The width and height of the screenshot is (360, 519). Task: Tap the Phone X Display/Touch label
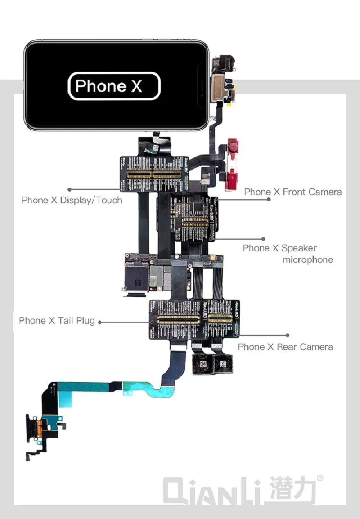72,200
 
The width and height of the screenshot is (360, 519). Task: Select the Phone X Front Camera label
292,192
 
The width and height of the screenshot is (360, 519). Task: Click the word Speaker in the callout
299,248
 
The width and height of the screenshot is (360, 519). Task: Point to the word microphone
307,260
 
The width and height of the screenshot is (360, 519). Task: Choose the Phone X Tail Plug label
57,321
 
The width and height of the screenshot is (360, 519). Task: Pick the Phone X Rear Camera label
285,347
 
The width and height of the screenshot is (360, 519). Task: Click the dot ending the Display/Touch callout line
70,190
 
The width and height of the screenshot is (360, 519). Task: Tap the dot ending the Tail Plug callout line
100,322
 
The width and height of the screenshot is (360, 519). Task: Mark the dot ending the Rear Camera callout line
288,335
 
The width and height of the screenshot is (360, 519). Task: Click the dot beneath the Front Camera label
269,199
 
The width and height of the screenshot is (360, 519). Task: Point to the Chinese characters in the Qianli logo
292,489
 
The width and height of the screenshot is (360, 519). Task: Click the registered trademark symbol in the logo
320,479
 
